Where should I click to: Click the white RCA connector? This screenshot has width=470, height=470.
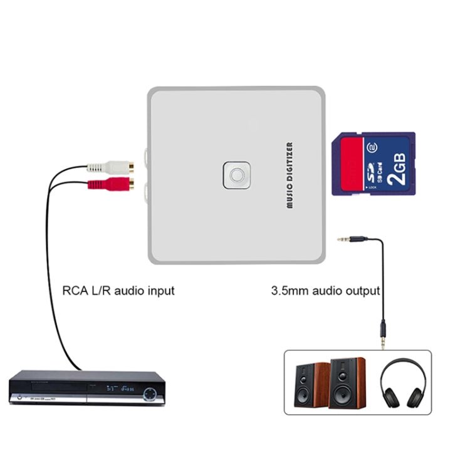[113, 167]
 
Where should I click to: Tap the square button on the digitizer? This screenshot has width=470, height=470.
[236, 175]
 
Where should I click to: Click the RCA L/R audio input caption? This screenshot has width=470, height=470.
[118, 291]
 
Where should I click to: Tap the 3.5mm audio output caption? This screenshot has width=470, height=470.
[325, 291]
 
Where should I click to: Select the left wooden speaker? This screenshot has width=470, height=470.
[312, 384]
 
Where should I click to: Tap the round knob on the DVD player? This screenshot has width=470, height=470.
[151, 394]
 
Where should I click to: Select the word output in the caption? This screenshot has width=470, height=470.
[365, 291]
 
